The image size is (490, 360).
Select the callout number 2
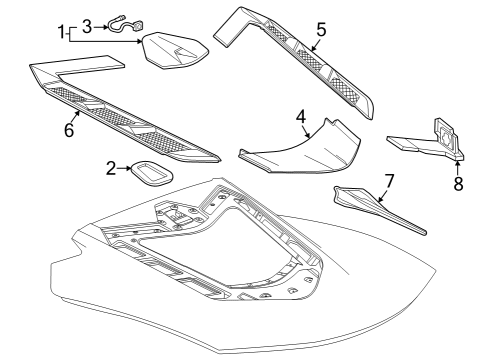[x=111, y=169]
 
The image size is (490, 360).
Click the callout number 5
[x=320, y=31]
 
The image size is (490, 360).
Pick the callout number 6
[x=68, y=129]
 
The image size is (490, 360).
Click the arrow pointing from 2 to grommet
[x=126, y=170]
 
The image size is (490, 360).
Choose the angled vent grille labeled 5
[x=310, y=60]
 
